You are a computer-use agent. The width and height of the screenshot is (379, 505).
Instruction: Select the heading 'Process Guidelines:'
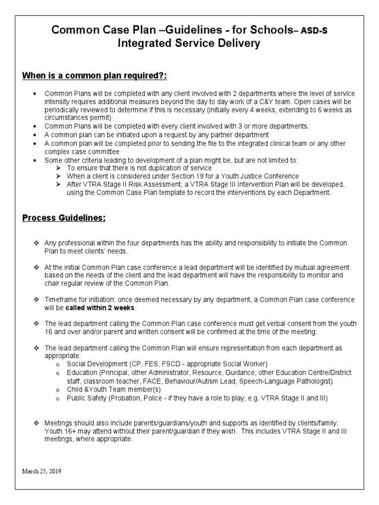[64, 218]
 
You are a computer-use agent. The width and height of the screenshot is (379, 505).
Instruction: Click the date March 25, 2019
[42, 470]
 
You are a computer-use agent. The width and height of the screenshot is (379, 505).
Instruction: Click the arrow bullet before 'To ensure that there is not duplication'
[59, 168]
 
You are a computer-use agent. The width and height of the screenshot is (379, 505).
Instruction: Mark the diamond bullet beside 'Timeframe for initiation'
[36, 300]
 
